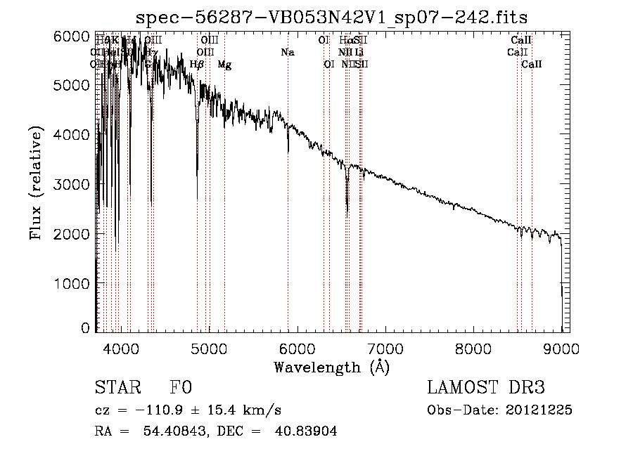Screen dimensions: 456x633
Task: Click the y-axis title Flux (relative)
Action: tap(36, 183)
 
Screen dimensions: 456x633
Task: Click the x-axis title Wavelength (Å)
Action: tap(331, 367)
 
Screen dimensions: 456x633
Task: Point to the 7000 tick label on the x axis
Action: tap(385, 348)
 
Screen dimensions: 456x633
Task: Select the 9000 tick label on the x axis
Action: tap(561, 348)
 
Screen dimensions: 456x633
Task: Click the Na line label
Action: tap(287, 52)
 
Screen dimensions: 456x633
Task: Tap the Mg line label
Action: tap(224, 65)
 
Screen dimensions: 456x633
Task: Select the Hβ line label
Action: tap(197, 65)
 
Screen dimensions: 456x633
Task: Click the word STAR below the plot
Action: tap(116, 388)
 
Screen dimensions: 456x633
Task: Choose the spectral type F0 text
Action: tap(180, 388)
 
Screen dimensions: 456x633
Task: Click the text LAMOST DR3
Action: tap(485, 388)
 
